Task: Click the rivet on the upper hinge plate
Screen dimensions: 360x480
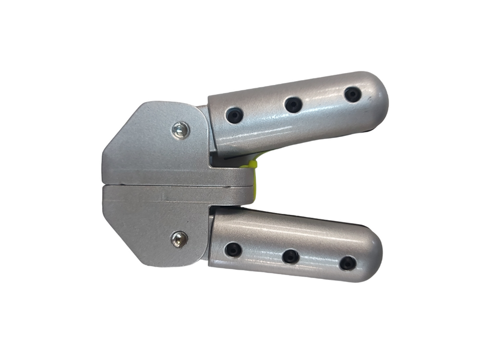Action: coord(181,129)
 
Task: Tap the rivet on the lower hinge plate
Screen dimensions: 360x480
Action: coord(179,239)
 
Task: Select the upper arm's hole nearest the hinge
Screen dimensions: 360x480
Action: coord(234,115)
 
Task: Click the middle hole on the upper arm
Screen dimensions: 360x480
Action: coord(293,104)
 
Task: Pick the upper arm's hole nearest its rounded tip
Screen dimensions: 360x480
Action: coord(352,95)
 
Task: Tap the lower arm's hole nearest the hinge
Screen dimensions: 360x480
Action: coord(233,249)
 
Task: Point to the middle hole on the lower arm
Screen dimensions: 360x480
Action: coord(290,256)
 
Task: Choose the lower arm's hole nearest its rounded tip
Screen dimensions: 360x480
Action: coord(347,263)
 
